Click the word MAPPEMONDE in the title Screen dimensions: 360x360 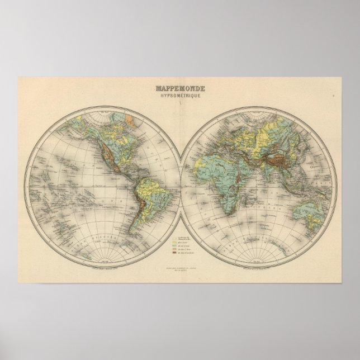point(179,88)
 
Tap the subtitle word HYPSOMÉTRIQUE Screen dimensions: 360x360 point(179,96)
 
